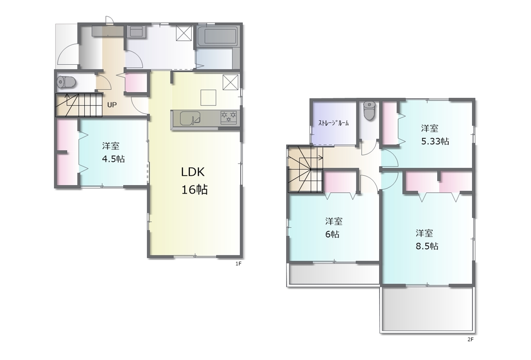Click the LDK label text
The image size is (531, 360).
coord(193,172)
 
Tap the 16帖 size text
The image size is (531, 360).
coord(195,190)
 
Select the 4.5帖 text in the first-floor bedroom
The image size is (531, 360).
coord(113,159)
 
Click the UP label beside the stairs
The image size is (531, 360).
coord(112,105)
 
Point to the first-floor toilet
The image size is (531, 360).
coord(66,82)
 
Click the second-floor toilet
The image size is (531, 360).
coord(369,110)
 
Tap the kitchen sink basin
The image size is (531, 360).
coord(190,118)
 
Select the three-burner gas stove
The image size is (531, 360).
coord(229,117)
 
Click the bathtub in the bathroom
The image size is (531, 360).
coord(217,36)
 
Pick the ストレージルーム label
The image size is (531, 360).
coord(333,123)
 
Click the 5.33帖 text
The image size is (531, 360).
coord(435,142)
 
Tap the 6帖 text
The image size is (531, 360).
coord(332,235)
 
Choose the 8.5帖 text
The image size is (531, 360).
coord(427,246)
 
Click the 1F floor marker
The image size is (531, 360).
coord(238,264)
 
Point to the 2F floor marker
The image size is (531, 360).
coord(470,340)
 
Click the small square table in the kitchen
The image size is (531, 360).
coord(208,98)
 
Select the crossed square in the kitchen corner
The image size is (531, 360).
coord(230,82)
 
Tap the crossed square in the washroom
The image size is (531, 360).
coord(184,33)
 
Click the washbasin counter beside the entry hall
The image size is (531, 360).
coord(136,32)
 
